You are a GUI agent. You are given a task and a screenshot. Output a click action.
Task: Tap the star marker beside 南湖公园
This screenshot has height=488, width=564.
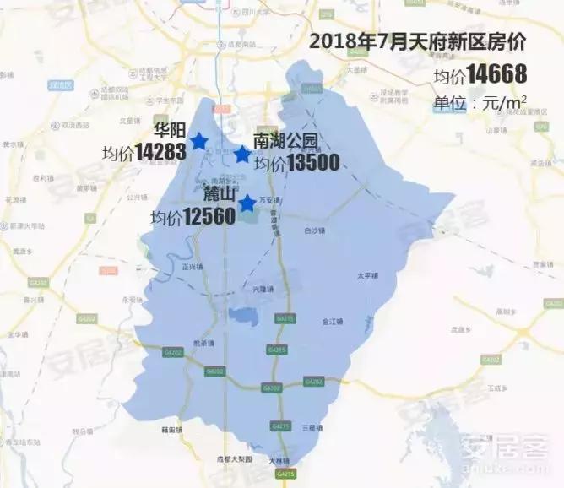point(242,155)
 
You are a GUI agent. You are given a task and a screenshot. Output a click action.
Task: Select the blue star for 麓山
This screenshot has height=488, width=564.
point(247,203)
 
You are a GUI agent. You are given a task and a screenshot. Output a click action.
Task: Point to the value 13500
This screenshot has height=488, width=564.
point(312,163)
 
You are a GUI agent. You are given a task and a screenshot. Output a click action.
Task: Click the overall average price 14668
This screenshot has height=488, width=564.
point(491,74)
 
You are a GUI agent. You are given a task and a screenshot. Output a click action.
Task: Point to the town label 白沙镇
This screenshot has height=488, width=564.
point(313,230)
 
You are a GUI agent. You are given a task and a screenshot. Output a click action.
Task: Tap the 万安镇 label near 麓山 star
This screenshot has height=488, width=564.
point(268,200)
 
